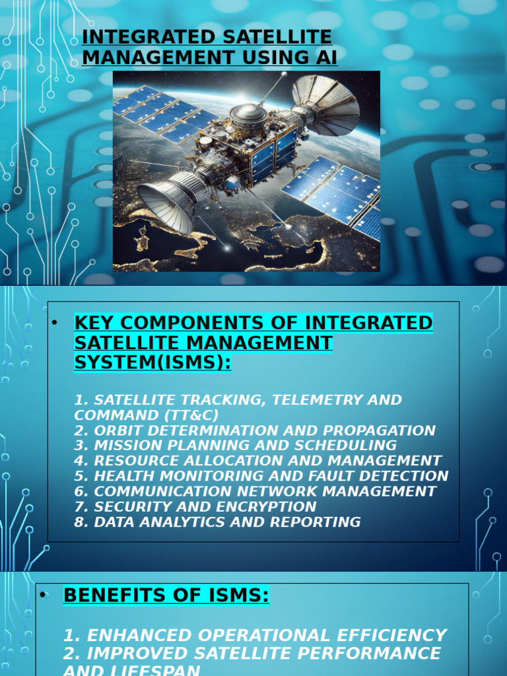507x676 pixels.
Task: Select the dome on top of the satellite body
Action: tap(248, 114)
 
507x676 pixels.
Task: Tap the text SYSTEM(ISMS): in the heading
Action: tap(152, 362)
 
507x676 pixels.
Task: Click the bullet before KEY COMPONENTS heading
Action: tap(55, 323)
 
